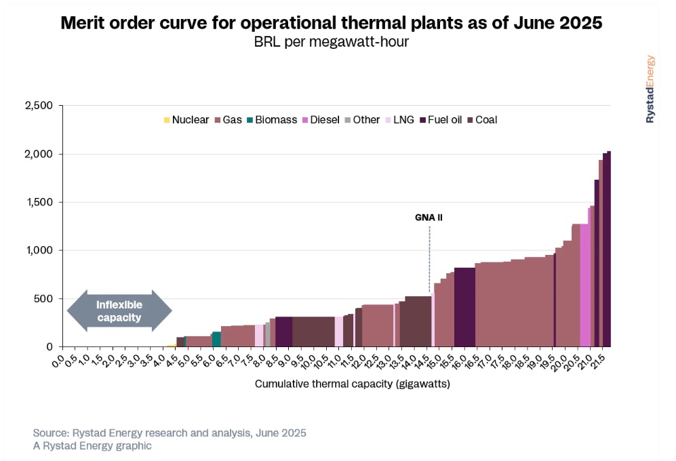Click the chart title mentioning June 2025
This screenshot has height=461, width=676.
(332, 23)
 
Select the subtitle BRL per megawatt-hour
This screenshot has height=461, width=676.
(331, 43)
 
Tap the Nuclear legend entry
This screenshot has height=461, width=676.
(186, 120)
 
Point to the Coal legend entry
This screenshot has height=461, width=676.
(481, 120)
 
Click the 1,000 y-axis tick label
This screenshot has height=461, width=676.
(40, 250)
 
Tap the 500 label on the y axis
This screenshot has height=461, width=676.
(45, 298)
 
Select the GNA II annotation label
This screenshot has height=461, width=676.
(429, 218)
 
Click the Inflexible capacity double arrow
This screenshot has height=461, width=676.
(119, 311)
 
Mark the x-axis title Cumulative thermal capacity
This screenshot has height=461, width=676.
(353, 384)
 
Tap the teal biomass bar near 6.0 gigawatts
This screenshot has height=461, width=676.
(216, 339)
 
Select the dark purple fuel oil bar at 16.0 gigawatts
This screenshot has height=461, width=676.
(464, 307)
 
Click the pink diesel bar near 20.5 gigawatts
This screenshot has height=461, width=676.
(584, 285)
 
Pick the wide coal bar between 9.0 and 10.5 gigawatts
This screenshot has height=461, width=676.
(313, 332)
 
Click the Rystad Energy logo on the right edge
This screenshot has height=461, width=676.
(650, 88)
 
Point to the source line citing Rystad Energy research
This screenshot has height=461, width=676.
(170, 433)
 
